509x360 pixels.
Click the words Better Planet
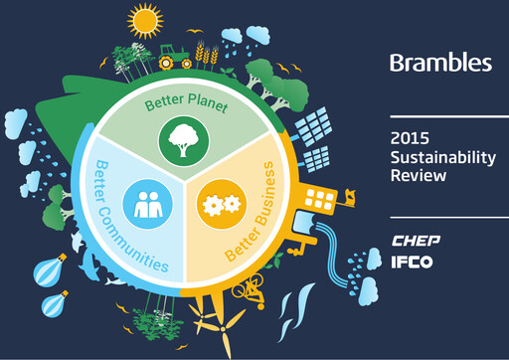coord(185,103)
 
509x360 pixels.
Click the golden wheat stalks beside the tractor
coord(207,51)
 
